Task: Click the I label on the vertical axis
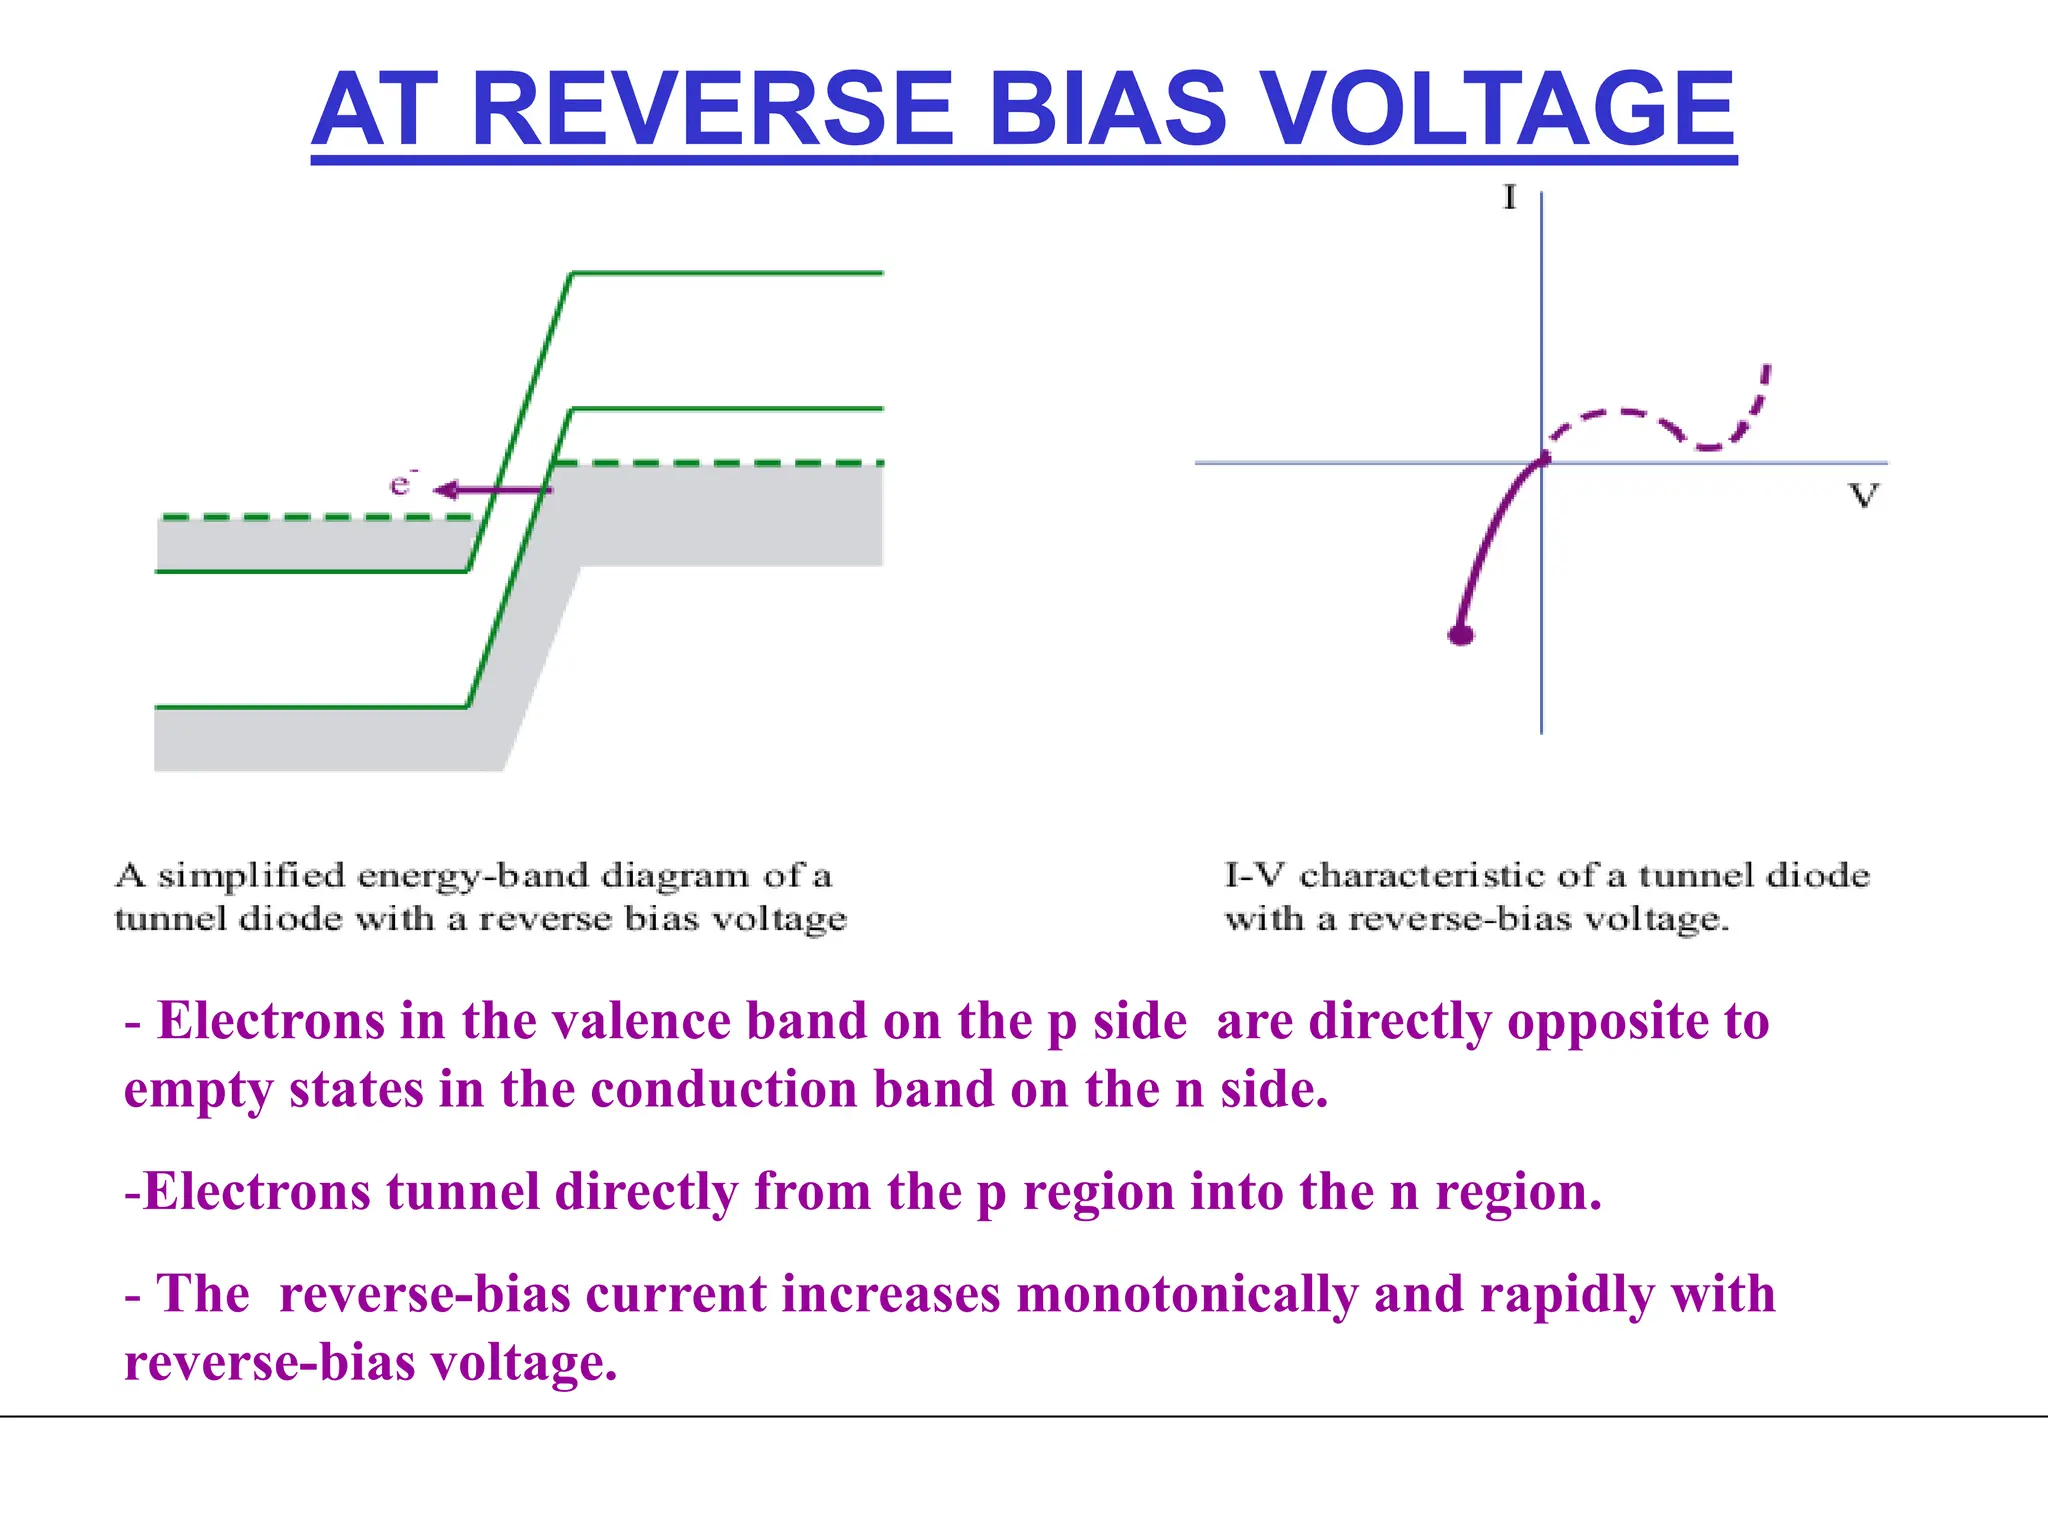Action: click(1509, 198)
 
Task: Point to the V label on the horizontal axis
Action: click(1863, 495)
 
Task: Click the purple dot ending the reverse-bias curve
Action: click(1461, 634)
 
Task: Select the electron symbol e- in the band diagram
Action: click(401, 485)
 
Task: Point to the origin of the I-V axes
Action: click(1542, 463)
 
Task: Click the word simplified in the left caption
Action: click(251, 876)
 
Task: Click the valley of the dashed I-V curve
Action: click(1708, 446)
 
